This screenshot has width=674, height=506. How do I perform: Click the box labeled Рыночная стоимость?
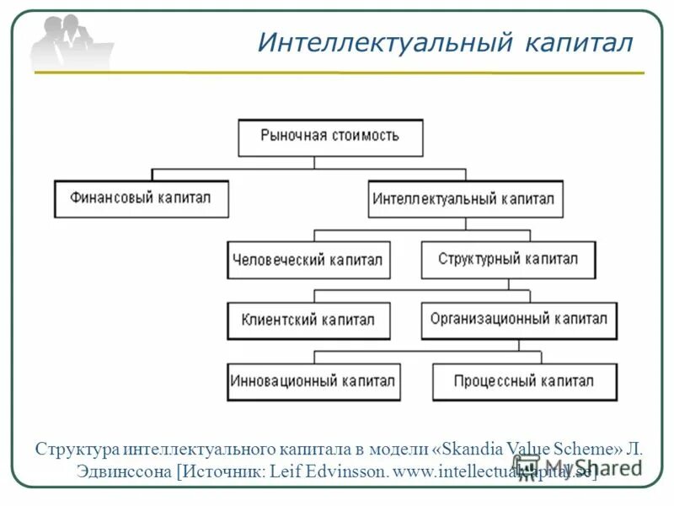point(330,137)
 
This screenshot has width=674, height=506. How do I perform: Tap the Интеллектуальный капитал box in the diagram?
point(465,200)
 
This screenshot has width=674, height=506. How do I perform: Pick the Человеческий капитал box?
point(308,261)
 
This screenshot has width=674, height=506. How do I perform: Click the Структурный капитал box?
point(508,260)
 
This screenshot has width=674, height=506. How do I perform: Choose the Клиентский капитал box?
point(308,320)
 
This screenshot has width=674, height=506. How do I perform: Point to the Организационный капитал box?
point(518,320)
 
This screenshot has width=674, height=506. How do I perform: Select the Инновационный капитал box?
point(313,381)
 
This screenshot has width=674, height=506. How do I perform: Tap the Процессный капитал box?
point(523,381)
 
